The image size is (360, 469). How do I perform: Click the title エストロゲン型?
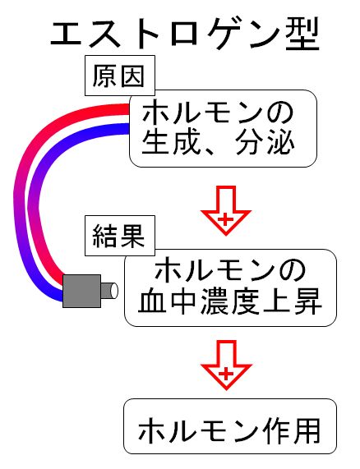point(185,34)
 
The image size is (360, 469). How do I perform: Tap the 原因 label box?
point(120,76)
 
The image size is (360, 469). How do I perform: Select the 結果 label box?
point(120,236)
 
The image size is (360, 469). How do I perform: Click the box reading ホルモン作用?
point(230,426)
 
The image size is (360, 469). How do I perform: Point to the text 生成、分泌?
point(218,144)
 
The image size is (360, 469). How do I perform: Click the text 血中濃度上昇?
point(230,301)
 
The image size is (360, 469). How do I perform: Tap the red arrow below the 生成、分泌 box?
point(226,210)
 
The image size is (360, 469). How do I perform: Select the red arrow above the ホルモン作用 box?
point(227,365)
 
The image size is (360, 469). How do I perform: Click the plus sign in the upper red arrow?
point(226,220)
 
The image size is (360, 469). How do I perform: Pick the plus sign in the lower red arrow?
point(226,374)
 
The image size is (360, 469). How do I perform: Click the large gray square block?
point(81,291)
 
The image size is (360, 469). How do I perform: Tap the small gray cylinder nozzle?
point(109,291)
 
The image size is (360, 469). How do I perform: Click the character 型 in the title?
point(302,34)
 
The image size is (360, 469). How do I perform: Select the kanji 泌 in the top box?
point(280,144)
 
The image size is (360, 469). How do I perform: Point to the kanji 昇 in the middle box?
point(307,301)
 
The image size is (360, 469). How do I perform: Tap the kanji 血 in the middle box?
point(152,301)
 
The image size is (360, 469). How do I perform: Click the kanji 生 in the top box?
point(155,144)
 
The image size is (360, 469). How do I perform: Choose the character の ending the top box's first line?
point(280,113)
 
